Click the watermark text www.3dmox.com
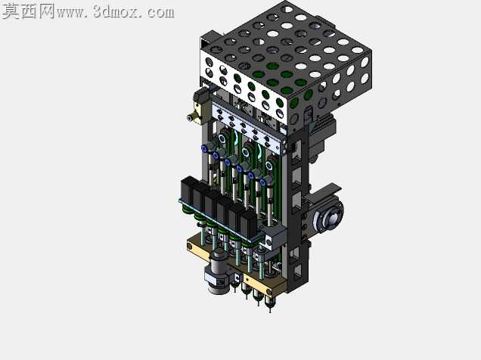[x=116, y=12]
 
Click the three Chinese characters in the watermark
[x=29, y=11]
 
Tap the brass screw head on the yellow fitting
[x=190, y=117]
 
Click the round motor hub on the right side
[x=327, y=218]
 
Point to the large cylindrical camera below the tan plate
[x=217, y=272]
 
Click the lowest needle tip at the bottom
[x=270, y=310]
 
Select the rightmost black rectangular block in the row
[x=249, y=225]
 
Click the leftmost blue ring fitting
[x=204, y=149]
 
